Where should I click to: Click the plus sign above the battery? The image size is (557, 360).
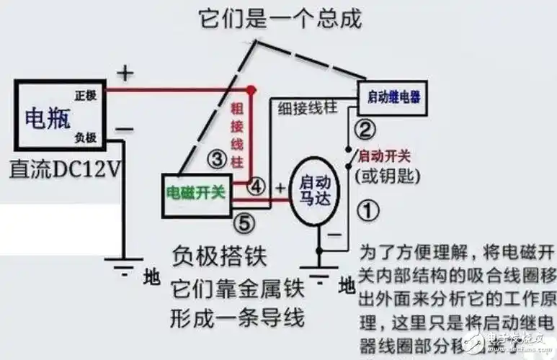tap(125, 73)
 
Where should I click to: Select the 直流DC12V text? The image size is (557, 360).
tap(65, 169)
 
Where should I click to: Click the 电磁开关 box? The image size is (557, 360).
tap(196, 192)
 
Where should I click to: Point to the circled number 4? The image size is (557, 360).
tap(257, 186)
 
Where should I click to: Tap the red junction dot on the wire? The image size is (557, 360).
tap(251, 91)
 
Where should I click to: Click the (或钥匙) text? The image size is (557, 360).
tap(388, 175)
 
